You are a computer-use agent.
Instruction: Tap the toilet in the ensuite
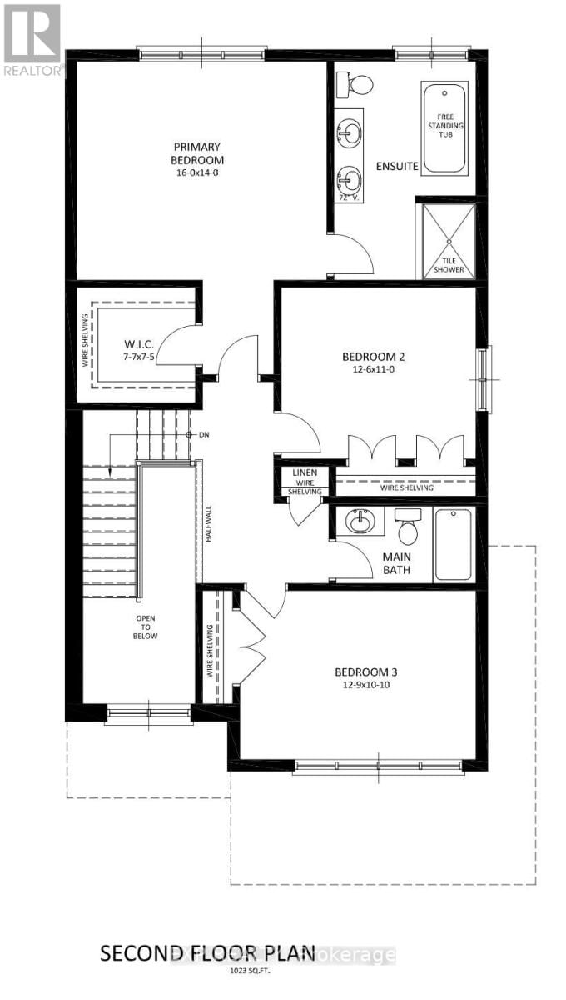coord(357,83)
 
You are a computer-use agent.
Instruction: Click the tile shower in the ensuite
coord(445,241)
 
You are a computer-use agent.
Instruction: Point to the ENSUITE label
coord(396,166)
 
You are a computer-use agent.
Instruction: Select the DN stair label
coord(204,435)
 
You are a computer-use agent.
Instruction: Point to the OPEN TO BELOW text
coord(144,627)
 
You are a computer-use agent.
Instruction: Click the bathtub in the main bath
coord(453,544)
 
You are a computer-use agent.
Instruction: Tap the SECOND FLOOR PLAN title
coord(208,952)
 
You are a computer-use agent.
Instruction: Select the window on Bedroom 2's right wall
coord(484,379)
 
